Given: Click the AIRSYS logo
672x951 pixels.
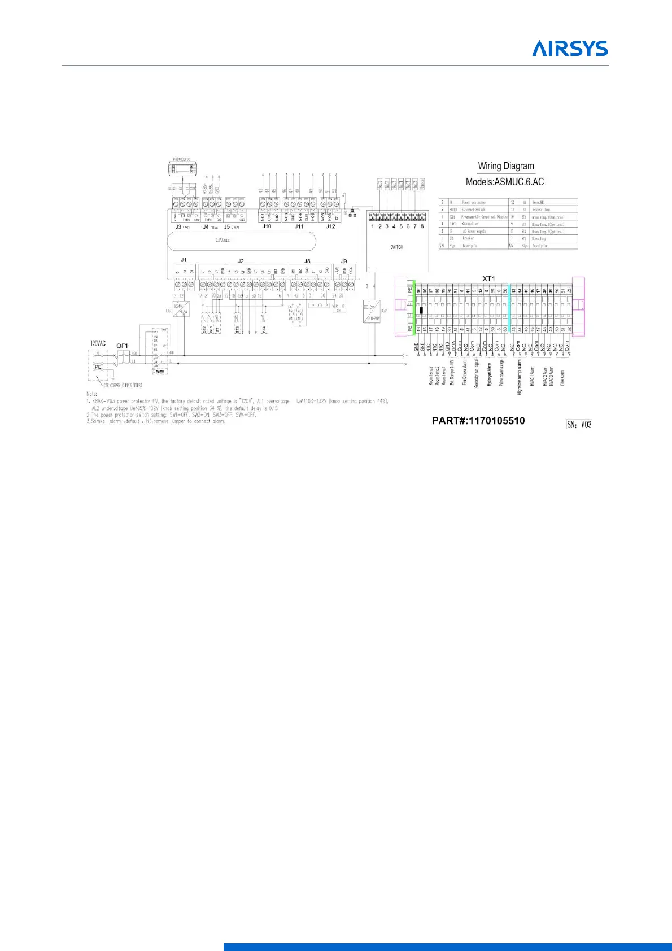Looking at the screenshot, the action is pos(570,48).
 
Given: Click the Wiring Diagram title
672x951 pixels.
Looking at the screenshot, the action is pos(505,166).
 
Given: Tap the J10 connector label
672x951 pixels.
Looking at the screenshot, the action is pos(267,226).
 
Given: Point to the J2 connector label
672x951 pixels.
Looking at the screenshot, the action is pos(241,261).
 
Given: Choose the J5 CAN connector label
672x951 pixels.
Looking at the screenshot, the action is pos(231,227).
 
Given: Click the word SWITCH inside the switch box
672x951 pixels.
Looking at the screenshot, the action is pos(396,247).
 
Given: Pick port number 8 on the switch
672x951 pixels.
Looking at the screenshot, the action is pos(422,226).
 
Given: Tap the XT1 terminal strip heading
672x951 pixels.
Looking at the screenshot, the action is pos(488,278).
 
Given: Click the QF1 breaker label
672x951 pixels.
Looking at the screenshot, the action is pos(122,346).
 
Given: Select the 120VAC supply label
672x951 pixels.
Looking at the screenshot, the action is pos(98,343).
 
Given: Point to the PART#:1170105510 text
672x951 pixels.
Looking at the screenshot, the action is pos(478,421).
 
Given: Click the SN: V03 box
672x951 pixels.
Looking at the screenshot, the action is pos(579,424).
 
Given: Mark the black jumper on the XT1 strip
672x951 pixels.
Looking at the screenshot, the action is pos(422,310).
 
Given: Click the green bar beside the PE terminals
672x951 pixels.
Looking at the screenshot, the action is pos(414,308).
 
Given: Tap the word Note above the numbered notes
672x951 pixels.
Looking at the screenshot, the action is pos(91,394).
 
